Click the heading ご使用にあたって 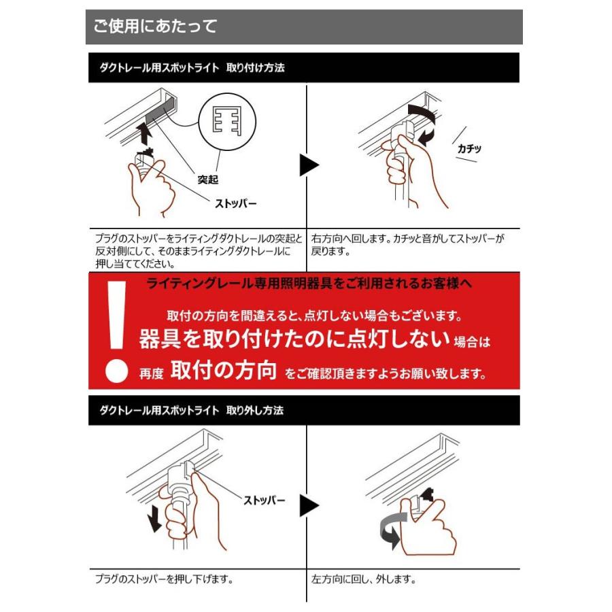(x=155, y=27)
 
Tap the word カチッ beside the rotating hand (x=469, y=148)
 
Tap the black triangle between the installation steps (x=309, y=165)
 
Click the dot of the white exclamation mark (x=118, y=370)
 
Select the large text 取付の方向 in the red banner (x=224, y=371)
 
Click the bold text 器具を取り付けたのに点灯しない (x=294, y=339)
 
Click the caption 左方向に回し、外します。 (x=363, y=580)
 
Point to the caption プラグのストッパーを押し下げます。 (x=165, y=580)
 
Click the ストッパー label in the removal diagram (x=265, y=501)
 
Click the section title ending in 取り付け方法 (x=192, y=69)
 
